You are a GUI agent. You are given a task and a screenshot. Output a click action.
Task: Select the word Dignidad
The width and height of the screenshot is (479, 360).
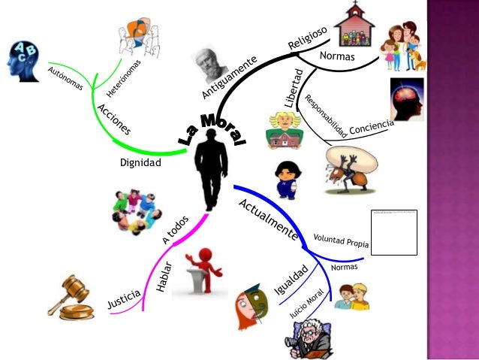pos(140,162)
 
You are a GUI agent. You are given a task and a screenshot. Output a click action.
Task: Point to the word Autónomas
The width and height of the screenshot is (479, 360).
pos(65,80)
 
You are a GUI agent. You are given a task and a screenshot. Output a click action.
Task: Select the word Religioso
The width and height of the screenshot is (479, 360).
pos(307,38)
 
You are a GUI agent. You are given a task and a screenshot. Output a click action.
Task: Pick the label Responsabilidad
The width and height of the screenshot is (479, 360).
pos(324,116)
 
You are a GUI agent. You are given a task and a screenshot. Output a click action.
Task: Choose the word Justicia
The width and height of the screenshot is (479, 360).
pos(123,299)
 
